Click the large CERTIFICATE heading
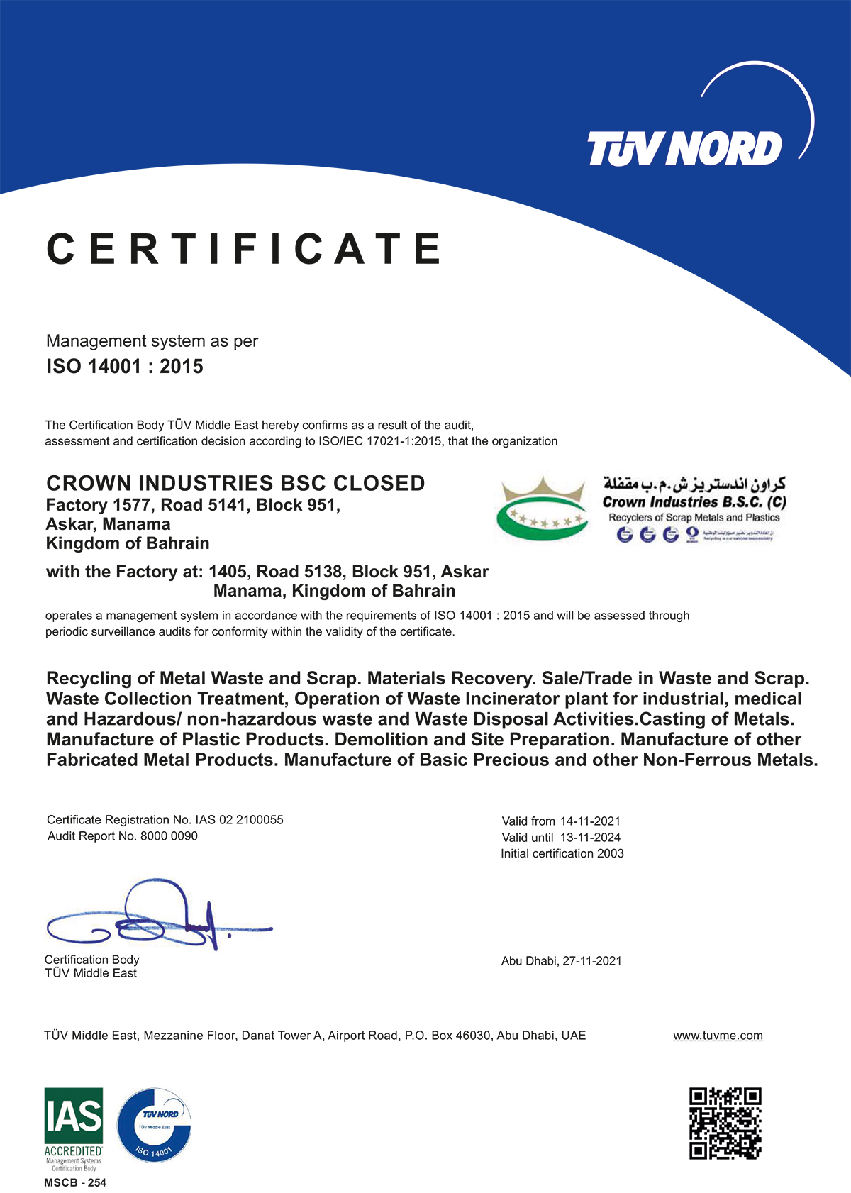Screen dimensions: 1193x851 point(245,249)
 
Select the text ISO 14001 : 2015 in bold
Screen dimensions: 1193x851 point(125,367)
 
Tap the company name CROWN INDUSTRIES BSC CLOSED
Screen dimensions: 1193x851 point(235,484)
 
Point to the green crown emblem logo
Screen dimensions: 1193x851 point(543,509)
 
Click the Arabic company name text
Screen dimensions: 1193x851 point(694,484)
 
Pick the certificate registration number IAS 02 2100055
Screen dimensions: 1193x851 point(240,820)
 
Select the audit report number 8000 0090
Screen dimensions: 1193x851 point(169,836)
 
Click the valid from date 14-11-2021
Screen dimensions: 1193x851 point(590,821)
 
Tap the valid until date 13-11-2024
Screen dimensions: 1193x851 point(590,838)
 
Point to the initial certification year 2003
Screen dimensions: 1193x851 point(610,854)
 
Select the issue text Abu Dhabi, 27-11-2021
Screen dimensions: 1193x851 point(562,961)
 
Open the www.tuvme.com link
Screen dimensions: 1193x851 point(718,1036)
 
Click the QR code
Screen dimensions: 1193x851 point(725,1123)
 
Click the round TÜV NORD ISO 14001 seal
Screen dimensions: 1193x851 point(154,1126)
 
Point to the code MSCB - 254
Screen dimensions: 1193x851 point(75,1182)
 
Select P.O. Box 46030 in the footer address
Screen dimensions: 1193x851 point(447,1036)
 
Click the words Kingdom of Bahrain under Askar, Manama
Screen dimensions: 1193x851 point(128,544)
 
